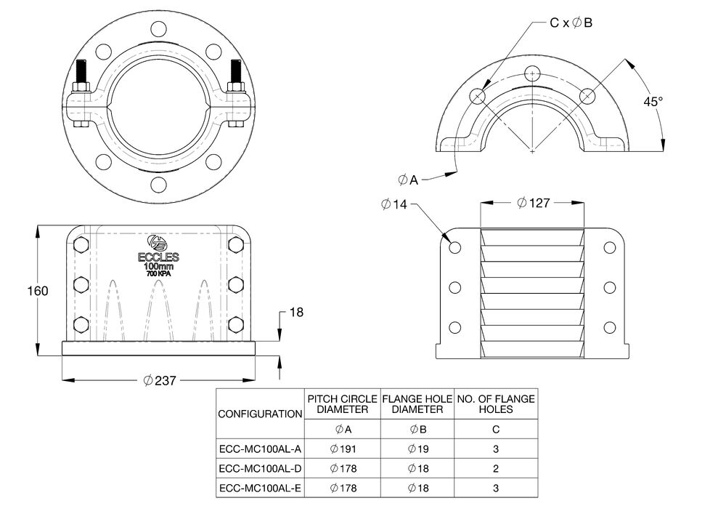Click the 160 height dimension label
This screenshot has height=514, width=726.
[x=37, y=291]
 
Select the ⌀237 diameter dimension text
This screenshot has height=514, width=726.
[x=160, y=380]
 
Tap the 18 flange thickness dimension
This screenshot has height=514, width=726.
[x=296, y=313]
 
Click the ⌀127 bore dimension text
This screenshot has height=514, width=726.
[x=533, y=203]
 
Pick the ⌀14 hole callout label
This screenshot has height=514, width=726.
[x=395, y=204]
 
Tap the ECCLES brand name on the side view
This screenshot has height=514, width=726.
[x=158, y=257]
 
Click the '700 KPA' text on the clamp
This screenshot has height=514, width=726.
[x=158, y=274]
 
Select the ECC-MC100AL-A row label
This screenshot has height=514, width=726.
[x=260, y=449]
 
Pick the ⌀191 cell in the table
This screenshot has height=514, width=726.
[x=343, y=449]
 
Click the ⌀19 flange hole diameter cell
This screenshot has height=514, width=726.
[x=418, y=449]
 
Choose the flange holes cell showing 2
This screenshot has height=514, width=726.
[x=496, y=469]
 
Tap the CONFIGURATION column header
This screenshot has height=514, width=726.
[x=260, y=414]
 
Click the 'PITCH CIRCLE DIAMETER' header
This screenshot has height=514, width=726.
[x=343, y=404]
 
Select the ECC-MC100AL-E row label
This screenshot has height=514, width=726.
[x=260, y=488]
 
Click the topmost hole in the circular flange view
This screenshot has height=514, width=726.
[x=158, y=30]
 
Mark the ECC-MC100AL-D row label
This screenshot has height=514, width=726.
[x=260, y=469]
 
